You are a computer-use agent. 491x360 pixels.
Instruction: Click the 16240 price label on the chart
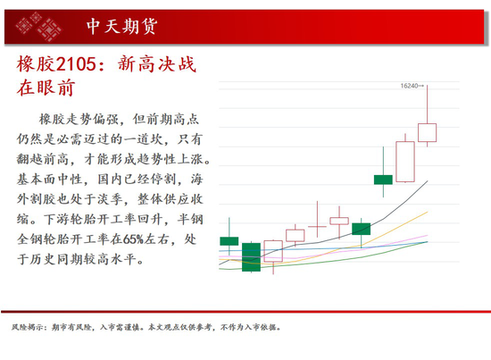pyautogui.click(x=409, y=86)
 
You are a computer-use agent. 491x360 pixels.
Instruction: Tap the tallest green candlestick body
pyautogui.click(x=251, y=257)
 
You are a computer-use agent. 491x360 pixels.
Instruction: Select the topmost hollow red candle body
pyautogui.click(x=427, y=132)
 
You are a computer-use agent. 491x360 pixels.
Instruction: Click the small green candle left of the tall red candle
pyautogui.click(x=383, y=180)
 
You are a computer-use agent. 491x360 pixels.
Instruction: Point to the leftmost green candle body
pyautogui.click(x=229, y=241)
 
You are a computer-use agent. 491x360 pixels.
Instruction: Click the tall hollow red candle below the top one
pyautogui.click(x=405, y=162)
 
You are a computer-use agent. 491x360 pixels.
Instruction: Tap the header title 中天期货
pyautogui.click(x=121, y=26)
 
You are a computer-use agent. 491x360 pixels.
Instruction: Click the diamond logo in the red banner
pyautogui.click(x=38, y=27)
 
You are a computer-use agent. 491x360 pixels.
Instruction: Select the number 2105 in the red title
pyautogui.click(x=76, y=64)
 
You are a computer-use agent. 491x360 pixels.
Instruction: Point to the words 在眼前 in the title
pyautogui.click(x=46, y=88)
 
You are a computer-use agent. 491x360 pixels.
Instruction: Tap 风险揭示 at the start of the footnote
pyautogui.click(x=27, y=328)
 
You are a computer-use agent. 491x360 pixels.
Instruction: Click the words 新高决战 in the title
pyautogui.click(x=157, y=64)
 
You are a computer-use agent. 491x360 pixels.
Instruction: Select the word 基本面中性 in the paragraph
pyautogui.click(x=49, y=180)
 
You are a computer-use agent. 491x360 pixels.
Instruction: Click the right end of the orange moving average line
pyautogui.click(x=428, y=212)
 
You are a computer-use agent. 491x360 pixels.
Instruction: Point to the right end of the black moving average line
pyautogui.click(x=428, y=180)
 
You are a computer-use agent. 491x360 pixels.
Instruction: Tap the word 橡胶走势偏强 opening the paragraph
pyautogui.click(x=79, y=119)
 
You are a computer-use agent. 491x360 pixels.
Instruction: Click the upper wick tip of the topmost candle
pyautogui.click(x=427, y=85)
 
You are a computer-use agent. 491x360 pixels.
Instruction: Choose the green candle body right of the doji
pyautogui.click(x=361, y=229)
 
